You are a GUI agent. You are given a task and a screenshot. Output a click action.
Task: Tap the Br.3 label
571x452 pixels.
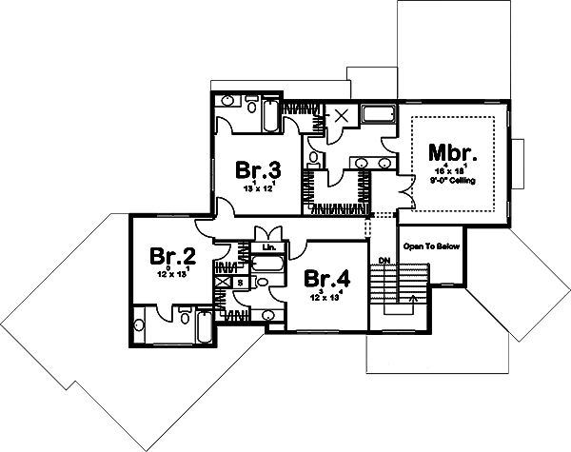click(258, 170)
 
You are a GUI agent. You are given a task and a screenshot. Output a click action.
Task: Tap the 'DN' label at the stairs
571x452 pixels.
click(384, 260)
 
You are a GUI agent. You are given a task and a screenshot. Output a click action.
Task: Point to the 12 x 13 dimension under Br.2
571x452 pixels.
click(172, 274)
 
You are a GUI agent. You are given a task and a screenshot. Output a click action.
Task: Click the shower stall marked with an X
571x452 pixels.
click(340, 116)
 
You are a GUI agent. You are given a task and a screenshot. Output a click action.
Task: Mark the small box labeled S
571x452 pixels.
click(240, 283)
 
